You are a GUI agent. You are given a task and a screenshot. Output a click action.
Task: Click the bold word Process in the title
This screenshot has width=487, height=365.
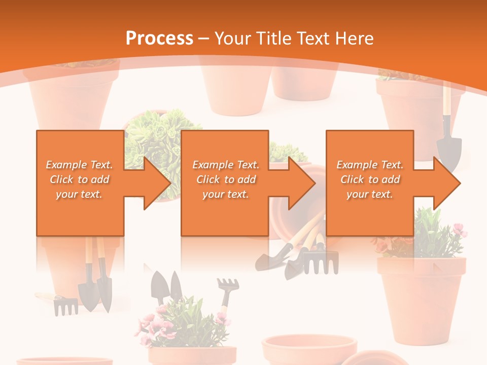[159, 39]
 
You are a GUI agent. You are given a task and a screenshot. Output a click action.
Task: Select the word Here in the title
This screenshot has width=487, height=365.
[354, 39]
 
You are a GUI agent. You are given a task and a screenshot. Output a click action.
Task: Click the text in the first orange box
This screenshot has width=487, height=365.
[80, 179]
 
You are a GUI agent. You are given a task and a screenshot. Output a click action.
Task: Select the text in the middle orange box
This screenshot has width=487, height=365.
[226, 179]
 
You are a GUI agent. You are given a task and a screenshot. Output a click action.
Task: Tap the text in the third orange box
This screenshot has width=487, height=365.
[370, 179]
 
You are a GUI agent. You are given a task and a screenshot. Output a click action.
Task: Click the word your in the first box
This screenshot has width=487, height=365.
[66, 194]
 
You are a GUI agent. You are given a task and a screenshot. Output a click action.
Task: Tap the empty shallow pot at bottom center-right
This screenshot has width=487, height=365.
[309, 347]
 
